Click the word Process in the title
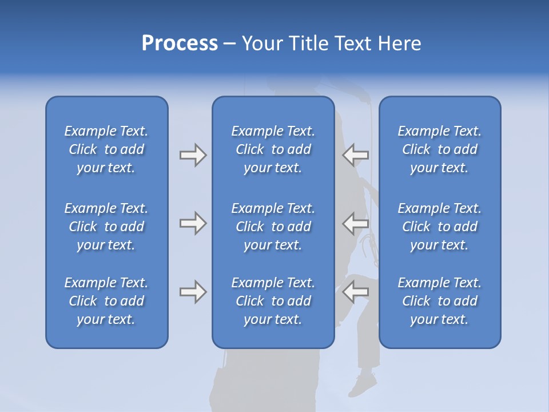[180, 43]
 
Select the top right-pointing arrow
[193, 155]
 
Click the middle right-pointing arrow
[193, 223]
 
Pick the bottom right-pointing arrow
[193, 292]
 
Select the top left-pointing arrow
[356, 154]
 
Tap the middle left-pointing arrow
[356, 223]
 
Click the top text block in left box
[106, 149]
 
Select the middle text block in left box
[106, 227]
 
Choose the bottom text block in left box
[106, 301]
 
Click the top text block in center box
[273, 149]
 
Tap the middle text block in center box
[273, 227]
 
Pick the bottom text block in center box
[273, 301]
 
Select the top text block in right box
[440, 149]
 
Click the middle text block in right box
[440, 227]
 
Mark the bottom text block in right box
[440, 301]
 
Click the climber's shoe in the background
[362, 384]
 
